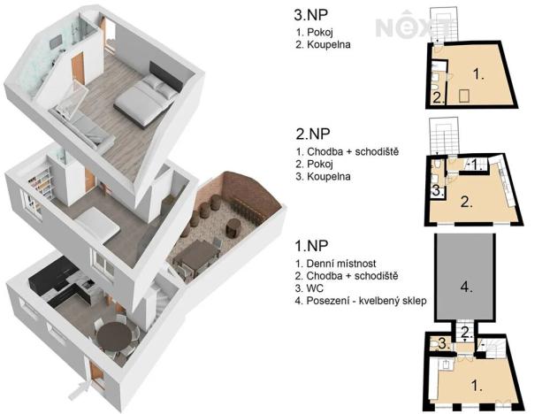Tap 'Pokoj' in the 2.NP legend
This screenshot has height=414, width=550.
320,164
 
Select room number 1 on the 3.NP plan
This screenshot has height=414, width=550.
477,76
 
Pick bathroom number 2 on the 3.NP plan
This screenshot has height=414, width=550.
438,96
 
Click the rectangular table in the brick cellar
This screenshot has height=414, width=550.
196,257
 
